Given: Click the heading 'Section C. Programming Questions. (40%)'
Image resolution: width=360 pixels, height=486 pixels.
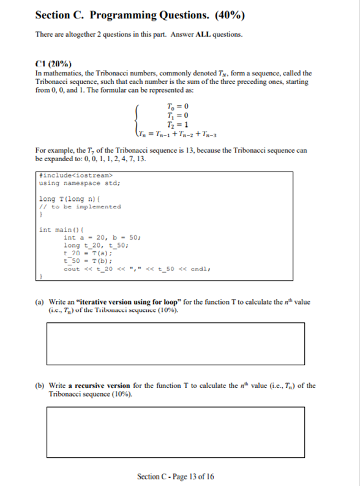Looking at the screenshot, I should [141, 15].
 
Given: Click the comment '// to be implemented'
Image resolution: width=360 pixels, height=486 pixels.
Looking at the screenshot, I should [80, 207].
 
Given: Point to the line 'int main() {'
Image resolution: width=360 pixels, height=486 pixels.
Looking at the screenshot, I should [60, 230].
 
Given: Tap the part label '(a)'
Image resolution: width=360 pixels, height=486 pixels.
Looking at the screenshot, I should [40, 303].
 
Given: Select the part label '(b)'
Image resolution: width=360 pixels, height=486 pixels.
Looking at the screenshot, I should [40, 385].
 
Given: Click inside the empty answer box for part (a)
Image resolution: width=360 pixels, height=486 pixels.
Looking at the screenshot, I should [175, 343].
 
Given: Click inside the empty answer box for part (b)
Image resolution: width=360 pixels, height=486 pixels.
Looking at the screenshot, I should [175, 431].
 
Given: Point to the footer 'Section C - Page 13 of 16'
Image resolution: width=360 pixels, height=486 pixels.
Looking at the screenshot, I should [176, 476].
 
